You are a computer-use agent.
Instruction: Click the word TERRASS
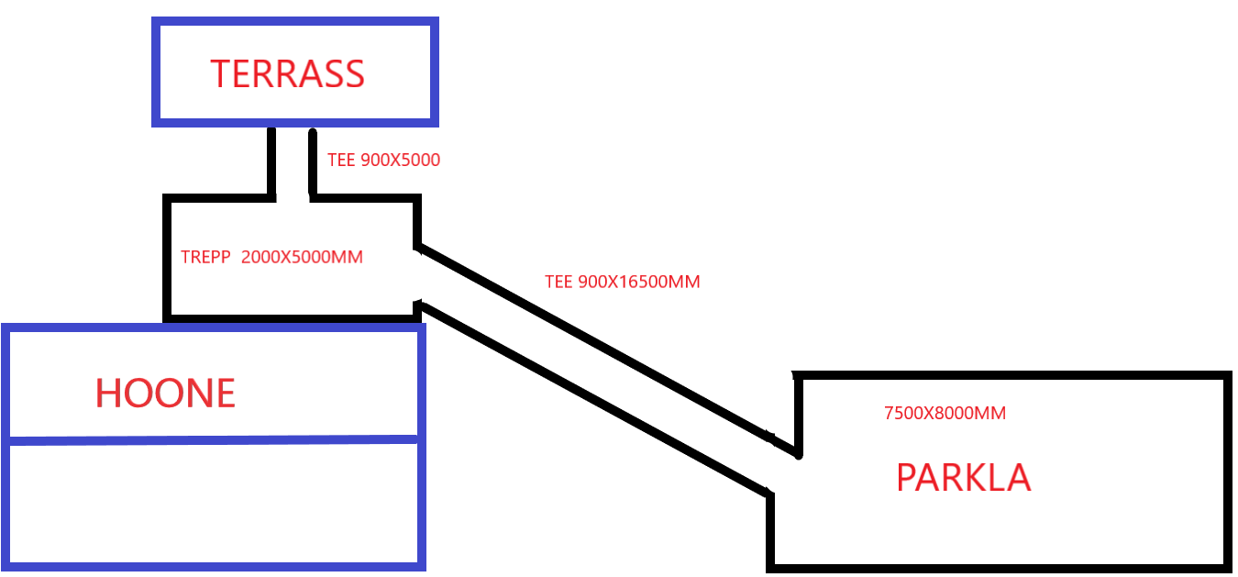point(287,73)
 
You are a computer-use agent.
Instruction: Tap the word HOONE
point(165,394)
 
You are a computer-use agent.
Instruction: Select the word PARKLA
point(963,478)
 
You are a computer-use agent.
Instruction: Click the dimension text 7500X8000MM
point(945,414)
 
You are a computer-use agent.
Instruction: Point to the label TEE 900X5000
point(383,161)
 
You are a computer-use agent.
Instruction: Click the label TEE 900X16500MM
point(622,283)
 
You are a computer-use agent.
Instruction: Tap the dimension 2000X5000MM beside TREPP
point(302,258)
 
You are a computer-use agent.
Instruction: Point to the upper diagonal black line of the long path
point(596,344)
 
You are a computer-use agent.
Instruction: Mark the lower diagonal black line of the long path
point(596,399)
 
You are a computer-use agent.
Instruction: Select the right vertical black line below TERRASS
point(313,163)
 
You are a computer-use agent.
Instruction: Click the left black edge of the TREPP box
point(168,257)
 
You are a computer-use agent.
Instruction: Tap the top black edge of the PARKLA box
point(1009,376)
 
